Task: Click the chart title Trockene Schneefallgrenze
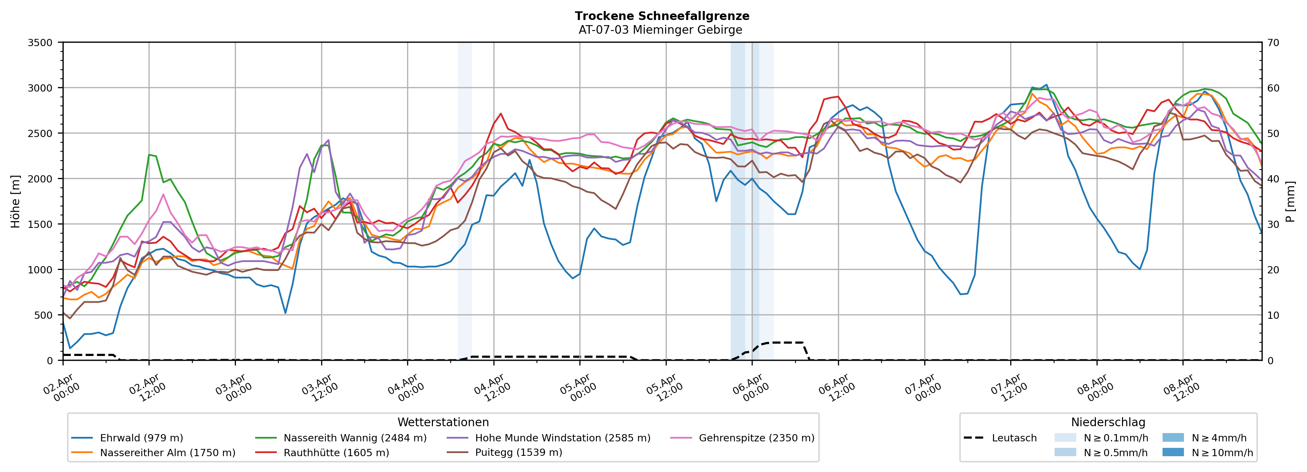coord(662,16)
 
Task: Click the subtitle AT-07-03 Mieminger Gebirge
coord(660,30)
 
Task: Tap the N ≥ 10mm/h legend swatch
coord(1173,452)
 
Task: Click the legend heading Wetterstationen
coord(443,422)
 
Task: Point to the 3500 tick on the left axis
coord(40,43)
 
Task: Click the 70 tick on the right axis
coord(1273,43)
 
